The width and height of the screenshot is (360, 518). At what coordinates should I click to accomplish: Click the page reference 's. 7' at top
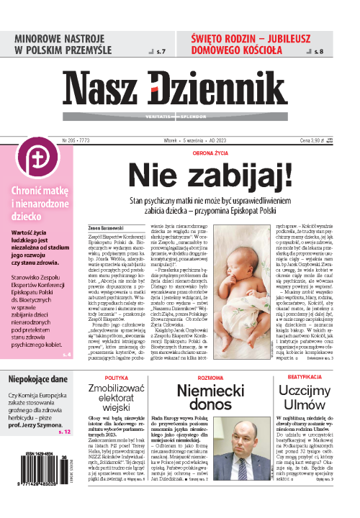[161, 52]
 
